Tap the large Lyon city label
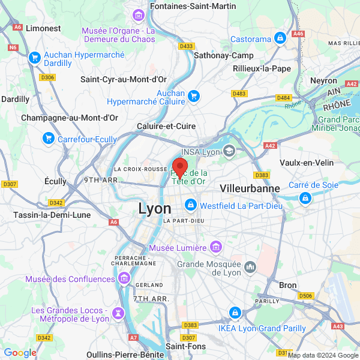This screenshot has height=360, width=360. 155,209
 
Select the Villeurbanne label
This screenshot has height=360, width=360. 250,188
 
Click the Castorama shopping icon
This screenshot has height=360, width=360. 280,39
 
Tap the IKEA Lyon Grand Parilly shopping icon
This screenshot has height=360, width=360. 235,312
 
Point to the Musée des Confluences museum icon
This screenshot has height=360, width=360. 124,278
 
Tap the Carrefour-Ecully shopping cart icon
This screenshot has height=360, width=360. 49,139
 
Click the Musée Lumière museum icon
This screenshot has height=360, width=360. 216,247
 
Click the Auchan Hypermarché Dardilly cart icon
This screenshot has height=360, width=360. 35,58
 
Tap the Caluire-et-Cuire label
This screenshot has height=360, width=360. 167,127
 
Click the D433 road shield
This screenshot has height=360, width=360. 187,46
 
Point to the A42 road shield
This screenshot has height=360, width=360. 270,145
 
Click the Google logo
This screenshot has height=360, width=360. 20,353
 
